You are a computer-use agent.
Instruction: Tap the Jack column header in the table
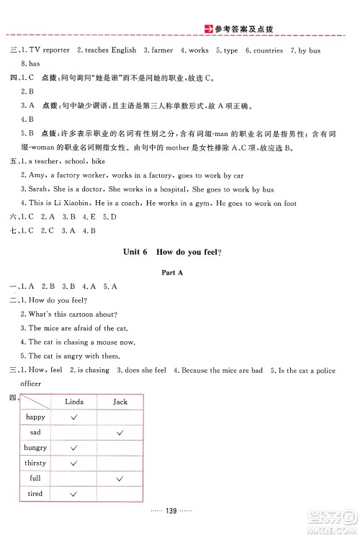click(x=120, y=402)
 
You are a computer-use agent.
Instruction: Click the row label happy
click(x=35, y=417)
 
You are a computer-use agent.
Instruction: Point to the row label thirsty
click(x=35, y=463)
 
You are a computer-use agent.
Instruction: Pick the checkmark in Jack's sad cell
click(x=120, y=432)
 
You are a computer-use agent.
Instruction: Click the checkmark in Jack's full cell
click(x=120, y=478)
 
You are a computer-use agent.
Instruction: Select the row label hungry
click(x=35, y=448)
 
